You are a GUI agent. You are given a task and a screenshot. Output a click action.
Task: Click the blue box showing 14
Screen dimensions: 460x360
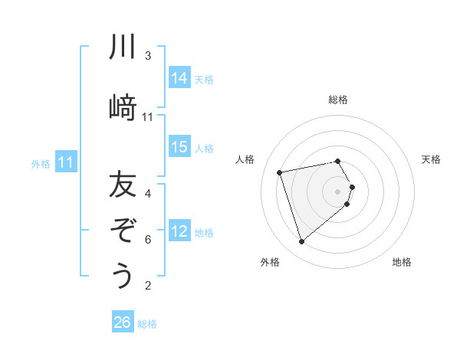[x=179, y=78]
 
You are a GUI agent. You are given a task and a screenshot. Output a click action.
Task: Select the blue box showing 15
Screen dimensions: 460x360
[x=179, y=147]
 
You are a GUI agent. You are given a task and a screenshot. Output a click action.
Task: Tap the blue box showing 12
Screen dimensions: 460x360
[x=179, y=231]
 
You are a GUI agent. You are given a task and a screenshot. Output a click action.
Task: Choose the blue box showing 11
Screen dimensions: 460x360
[x=66, y=162]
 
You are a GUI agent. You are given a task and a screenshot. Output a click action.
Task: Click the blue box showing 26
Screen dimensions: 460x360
[x=123, y=322]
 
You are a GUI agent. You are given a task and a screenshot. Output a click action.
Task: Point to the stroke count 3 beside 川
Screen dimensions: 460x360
[x=148, y=56]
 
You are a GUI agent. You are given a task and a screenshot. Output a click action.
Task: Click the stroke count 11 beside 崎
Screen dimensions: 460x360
[x=148, y=116]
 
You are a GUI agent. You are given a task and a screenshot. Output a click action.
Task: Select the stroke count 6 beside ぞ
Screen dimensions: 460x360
[x=148, y=239]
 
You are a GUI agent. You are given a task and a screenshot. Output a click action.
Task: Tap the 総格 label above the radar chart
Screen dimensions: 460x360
[x=338, y=100]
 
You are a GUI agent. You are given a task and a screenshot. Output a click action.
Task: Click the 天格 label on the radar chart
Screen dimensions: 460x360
[x=431, y=159]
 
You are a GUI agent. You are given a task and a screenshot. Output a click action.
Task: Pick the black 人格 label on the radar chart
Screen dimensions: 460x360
[x=245, y=159]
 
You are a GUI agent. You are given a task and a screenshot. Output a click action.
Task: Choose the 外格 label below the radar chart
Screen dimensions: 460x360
[x=270, y=262]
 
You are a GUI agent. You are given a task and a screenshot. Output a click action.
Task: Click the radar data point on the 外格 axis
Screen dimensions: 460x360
[x=301, y=241]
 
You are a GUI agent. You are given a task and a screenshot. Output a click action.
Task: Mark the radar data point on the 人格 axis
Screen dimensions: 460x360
[x=280, y=172]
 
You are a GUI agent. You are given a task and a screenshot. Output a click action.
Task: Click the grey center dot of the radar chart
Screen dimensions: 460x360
[x=338, y=191]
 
